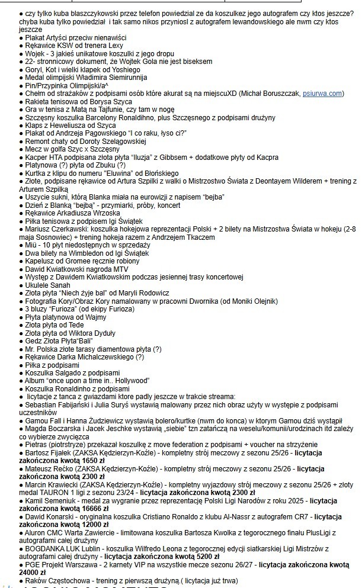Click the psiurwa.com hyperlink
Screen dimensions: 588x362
point(323,94)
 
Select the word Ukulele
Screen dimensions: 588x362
point(40,285)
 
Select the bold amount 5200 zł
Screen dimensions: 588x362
point(202,557)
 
